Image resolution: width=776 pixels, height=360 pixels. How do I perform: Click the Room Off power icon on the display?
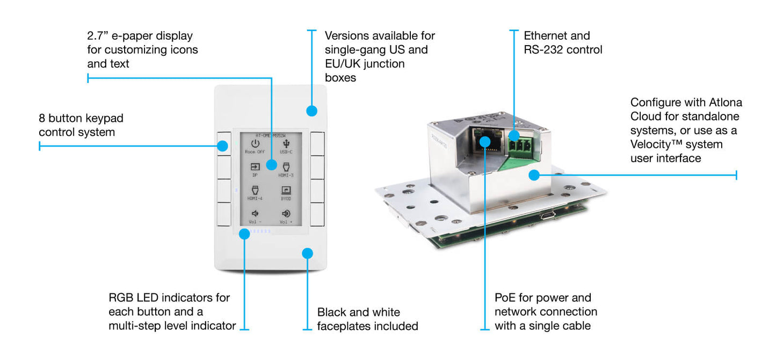point(255,144)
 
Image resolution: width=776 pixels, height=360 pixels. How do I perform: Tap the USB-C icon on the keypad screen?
point(286,144)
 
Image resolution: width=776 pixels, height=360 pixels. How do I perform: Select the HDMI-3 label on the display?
point(286,175)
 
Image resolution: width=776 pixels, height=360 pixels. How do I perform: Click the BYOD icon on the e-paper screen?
point(286,190)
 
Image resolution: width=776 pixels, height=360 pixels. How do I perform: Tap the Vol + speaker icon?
point(286,213)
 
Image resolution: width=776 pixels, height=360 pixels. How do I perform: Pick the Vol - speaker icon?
point(255,213)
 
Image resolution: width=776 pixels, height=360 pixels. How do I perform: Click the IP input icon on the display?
point(255,167)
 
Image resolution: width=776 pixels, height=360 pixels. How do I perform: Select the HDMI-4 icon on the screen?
point(255,190)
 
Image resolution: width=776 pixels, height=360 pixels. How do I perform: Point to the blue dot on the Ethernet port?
point(485,141)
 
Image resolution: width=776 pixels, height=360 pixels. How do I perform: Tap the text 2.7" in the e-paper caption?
point(97,36)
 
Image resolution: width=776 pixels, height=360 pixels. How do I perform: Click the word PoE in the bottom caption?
point(506,298)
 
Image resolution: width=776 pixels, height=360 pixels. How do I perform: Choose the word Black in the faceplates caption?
point(331,312)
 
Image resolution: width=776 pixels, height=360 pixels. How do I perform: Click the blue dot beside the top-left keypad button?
point(222,145)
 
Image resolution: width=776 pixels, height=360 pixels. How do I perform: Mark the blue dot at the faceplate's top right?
point(311,111)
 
